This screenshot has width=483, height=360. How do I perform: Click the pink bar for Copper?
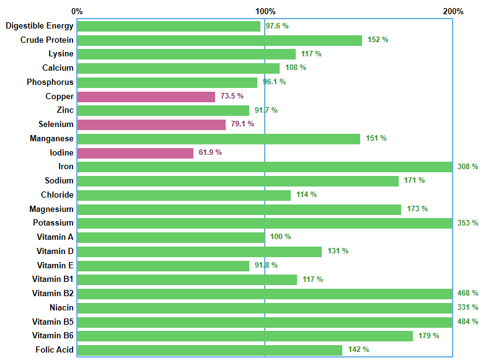point(146,97)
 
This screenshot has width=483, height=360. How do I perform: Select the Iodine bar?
point(135,153)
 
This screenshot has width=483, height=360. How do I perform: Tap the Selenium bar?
point(151,125)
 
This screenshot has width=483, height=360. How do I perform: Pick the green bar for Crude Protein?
point(219,40)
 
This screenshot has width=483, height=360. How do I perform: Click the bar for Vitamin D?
point(199,252)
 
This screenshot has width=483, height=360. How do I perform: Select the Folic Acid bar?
point(210,350)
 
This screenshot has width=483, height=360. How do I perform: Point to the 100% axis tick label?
point(265,11)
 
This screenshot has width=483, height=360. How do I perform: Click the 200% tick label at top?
point(453,11)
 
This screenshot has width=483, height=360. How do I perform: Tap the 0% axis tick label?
point(77,11)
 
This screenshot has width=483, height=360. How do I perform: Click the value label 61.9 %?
point(210,152)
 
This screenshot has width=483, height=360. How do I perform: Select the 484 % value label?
point(467,322)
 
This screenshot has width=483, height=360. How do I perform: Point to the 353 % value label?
point(467,223)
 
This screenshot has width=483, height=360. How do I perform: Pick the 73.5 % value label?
point(232,96)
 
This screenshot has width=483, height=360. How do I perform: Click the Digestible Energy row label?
point(40,26)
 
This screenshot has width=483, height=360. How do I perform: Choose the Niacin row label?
point(61,307)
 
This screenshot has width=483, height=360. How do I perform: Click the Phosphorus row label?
point(50,82)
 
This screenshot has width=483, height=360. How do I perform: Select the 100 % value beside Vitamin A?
point(280,237)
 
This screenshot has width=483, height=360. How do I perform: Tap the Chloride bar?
point(184,195)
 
